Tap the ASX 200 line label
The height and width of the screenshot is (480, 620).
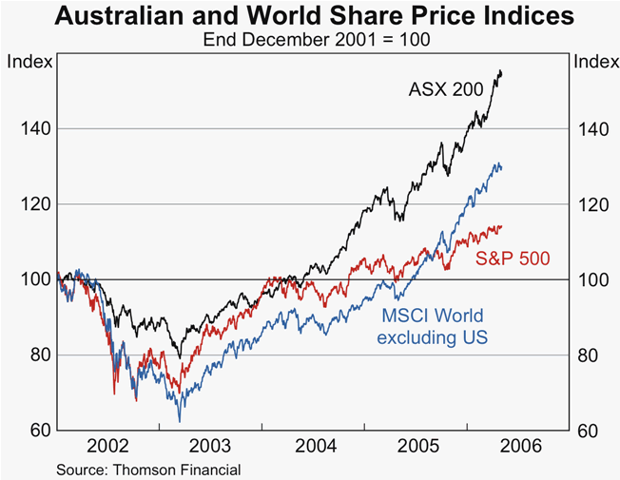[x=446, y=90]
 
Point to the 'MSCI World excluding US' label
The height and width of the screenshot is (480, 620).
[x=433, y=327]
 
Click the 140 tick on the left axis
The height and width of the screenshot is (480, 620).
[x=31, y=128]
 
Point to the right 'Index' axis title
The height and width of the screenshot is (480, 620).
[x=593, y=62]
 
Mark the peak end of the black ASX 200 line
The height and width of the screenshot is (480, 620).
[x=501, y=72]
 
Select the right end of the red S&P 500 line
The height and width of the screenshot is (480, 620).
[x=502, y=226]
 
